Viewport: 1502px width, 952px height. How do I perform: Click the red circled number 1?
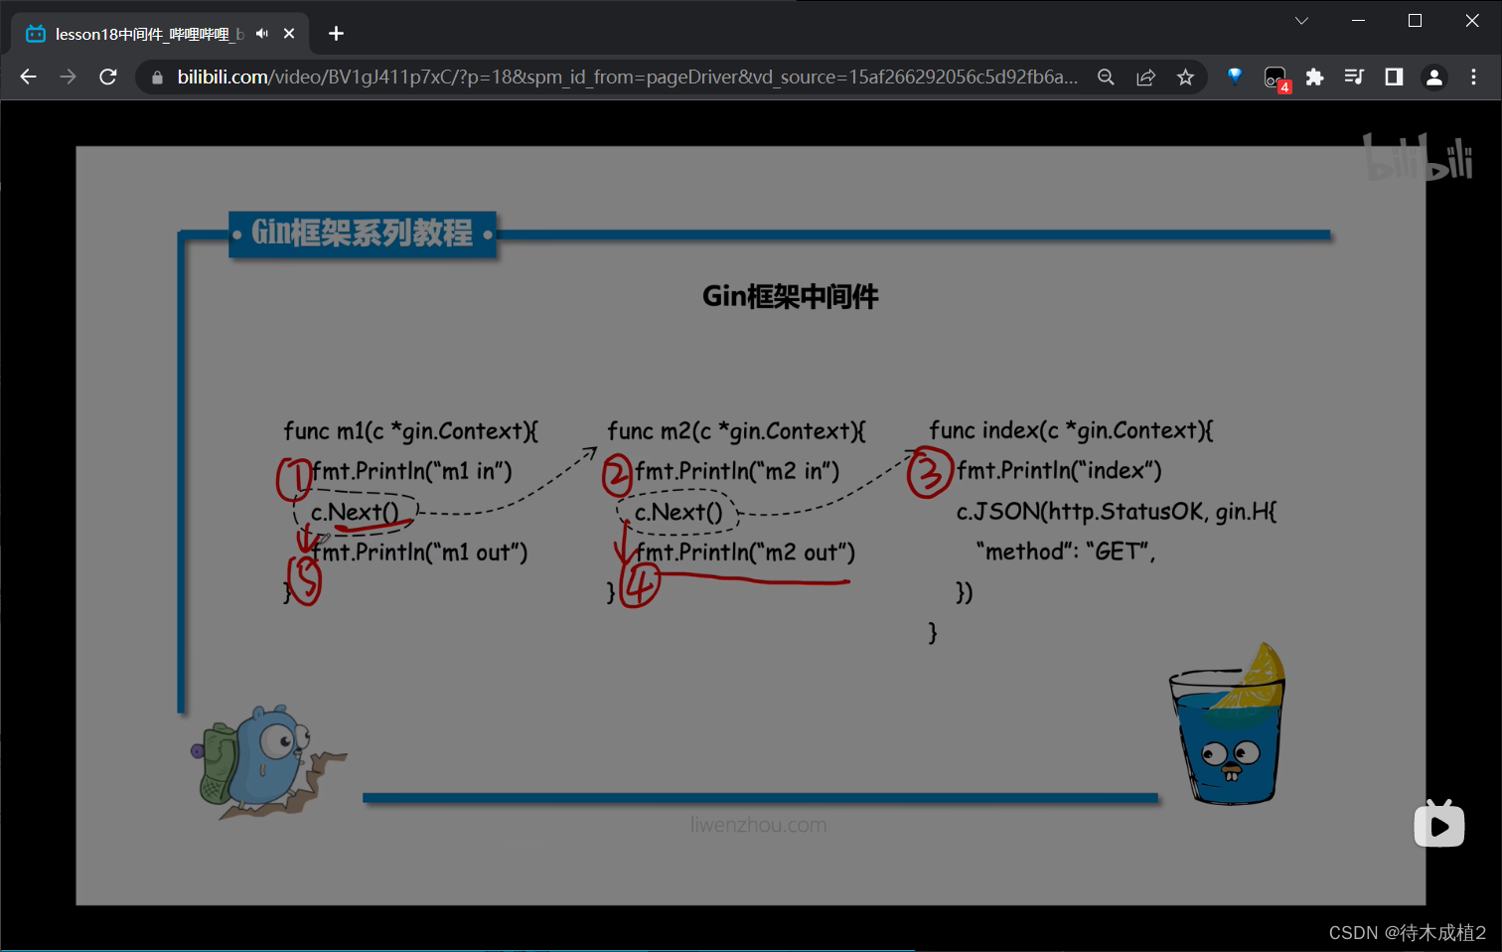pyautogui.click(x=293, y=478)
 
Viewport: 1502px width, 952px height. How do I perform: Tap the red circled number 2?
pyautogui.click(x=617, y=475)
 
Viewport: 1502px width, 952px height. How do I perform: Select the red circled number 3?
pyautogui.click(x=929, y=472)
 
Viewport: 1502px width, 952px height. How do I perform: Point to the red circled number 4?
pyautogui.click(x=641, y=584)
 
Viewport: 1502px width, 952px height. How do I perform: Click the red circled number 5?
pyautogui.click(x=306, y=580)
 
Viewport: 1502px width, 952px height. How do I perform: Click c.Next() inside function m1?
pyautogui.click(x=355, y=512)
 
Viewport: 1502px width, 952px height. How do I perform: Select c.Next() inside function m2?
pyautogui.click(x=678, y=512)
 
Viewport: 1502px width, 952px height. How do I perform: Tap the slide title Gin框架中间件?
pyautogui.click(x=790, y=296)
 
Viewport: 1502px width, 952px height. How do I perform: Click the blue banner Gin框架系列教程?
pyautogui.click(x=363, y=234)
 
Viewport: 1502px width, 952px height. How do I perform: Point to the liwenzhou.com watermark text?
pyautogui.click(x=758, y=825)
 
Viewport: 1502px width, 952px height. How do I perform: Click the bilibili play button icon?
pyautogui.click(x=1439, y=825)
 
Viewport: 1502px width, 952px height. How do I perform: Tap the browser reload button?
pyautogui.click(x=108, y=77)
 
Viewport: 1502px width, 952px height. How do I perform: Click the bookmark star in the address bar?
pyautogui.click(x=1185, y=77)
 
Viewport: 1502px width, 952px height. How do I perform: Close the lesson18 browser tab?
pyautogui.click(x=289, y=34)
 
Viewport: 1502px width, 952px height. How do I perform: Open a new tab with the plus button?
pyautogui.click(x=336, y=34)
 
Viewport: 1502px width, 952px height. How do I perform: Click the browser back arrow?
pyautogui.click(x=28, y=77)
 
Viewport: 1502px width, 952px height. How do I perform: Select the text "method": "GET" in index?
pyautogui.click(x=1065, y=552)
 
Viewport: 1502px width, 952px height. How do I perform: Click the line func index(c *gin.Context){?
pyautogui.click(x=1071, y=430)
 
